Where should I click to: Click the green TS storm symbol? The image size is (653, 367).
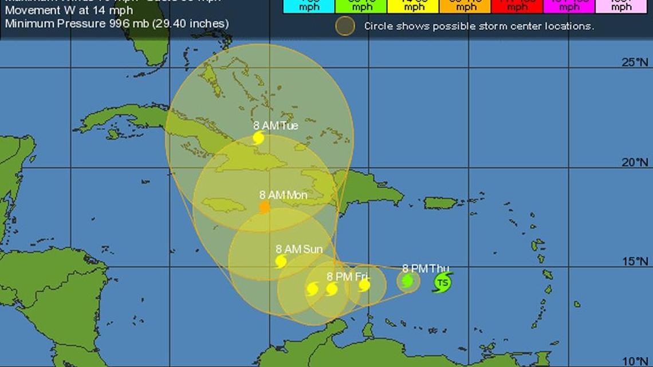point(442,282)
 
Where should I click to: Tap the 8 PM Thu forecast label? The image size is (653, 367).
point(425,268)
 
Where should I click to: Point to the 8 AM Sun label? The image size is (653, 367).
point(298,249)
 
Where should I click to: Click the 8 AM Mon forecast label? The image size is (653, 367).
point(283,195)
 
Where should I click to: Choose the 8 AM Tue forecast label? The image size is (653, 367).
point(276,126)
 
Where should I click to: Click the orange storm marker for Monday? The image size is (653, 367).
point(265,207)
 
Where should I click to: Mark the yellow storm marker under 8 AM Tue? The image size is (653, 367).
point(258,138)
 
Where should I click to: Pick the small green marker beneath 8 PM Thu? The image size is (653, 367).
point(407,281)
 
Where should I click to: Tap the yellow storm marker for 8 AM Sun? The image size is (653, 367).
point(281,262)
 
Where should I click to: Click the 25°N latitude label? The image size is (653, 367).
point(635,62)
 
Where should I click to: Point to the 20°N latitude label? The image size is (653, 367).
point(635,163)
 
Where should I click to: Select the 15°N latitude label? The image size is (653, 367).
point(635,262)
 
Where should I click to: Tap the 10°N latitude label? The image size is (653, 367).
point(635,361)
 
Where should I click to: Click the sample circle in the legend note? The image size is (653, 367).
point(345,26)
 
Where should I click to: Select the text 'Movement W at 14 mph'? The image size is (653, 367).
point(69,11)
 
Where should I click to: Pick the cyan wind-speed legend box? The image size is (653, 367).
point(309,6)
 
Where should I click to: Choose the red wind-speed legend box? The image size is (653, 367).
point(517,6)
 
